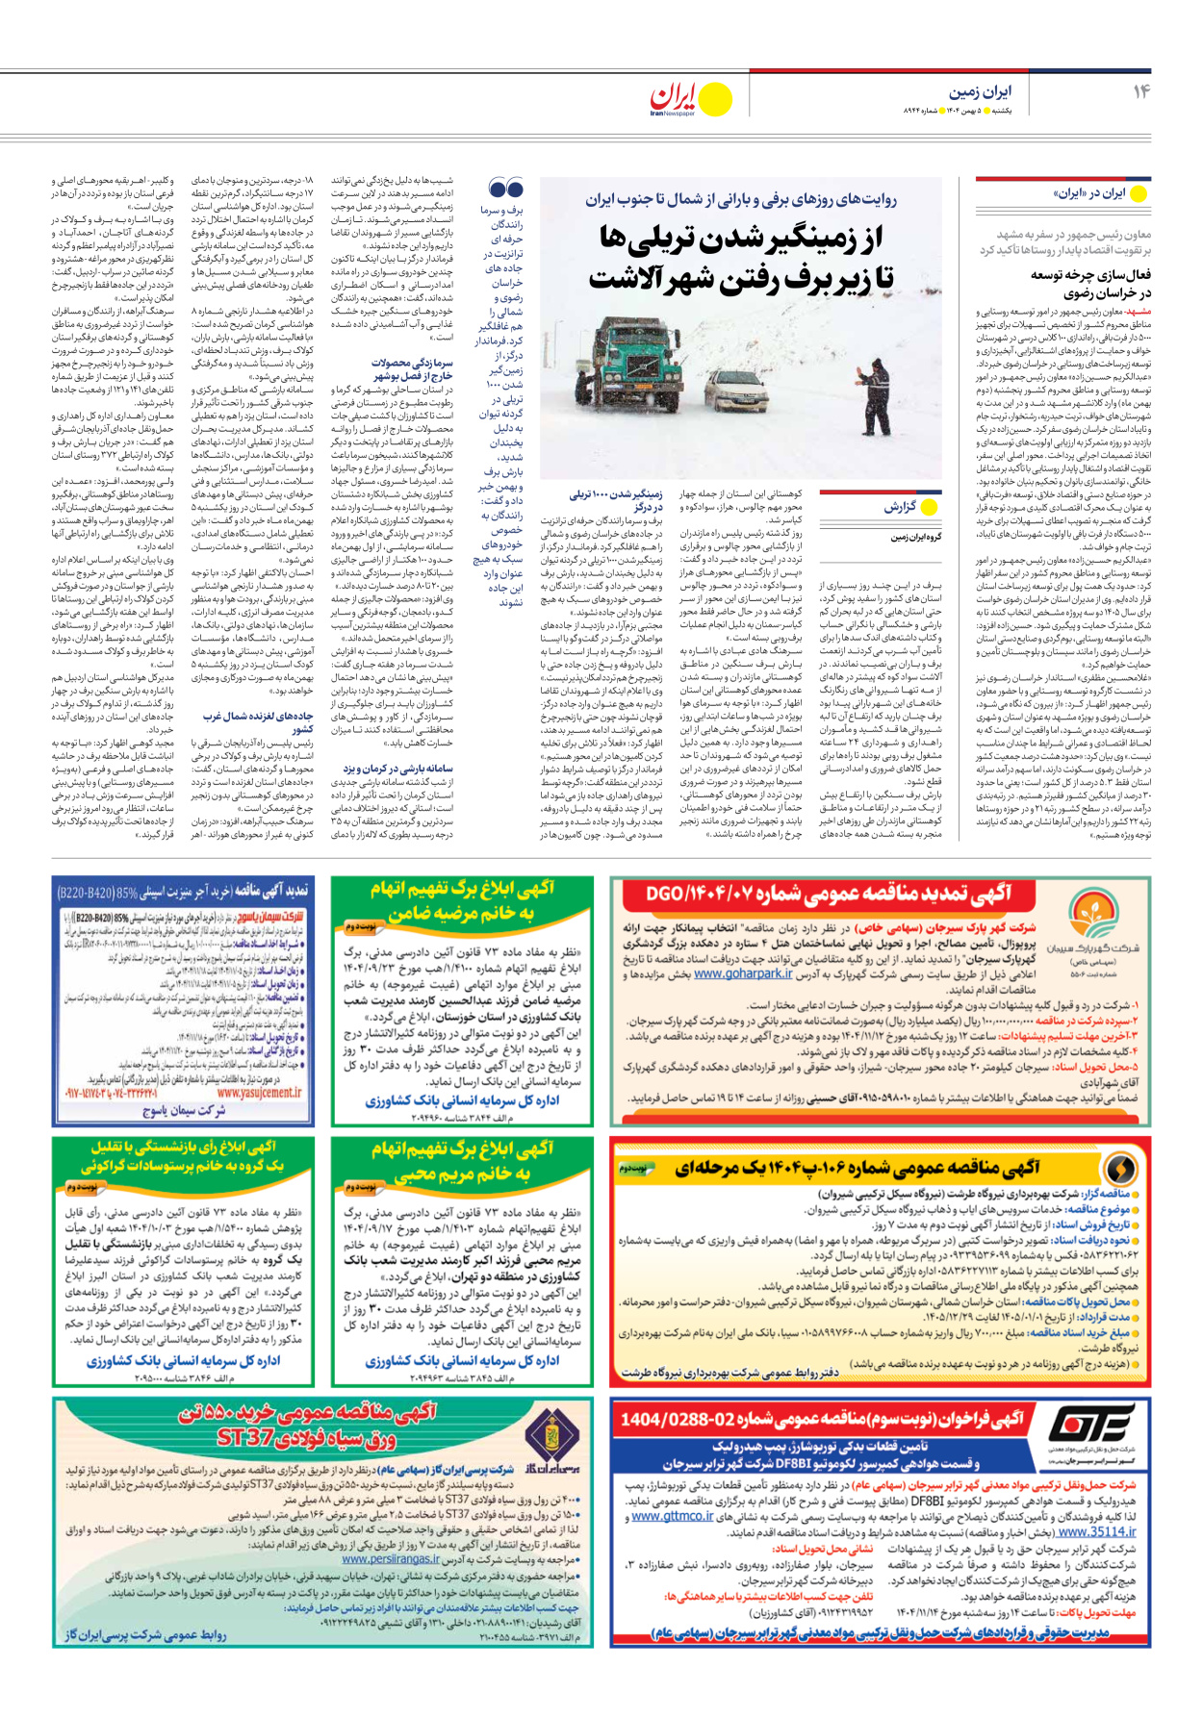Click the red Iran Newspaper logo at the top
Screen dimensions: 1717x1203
click(x=673, y=98)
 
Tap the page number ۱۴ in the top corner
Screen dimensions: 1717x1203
click(x=1140, y=91)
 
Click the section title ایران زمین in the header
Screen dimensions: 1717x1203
click(x=981, y=91)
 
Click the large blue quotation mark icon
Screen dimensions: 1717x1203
click(x=506, y=189)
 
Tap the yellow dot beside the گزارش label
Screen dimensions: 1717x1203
click(x=929, y=506)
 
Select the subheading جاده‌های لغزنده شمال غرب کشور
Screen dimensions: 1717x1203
click(x=258, y=722)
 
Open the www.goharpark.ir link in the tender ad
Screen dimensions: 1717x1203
click(x=743, y=974)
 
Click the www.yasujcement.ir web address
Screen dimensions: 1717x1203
click(x=259, y=1092)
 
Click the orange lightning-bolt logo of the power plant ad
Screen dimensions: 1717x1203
click(x=1120, y=1168)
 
